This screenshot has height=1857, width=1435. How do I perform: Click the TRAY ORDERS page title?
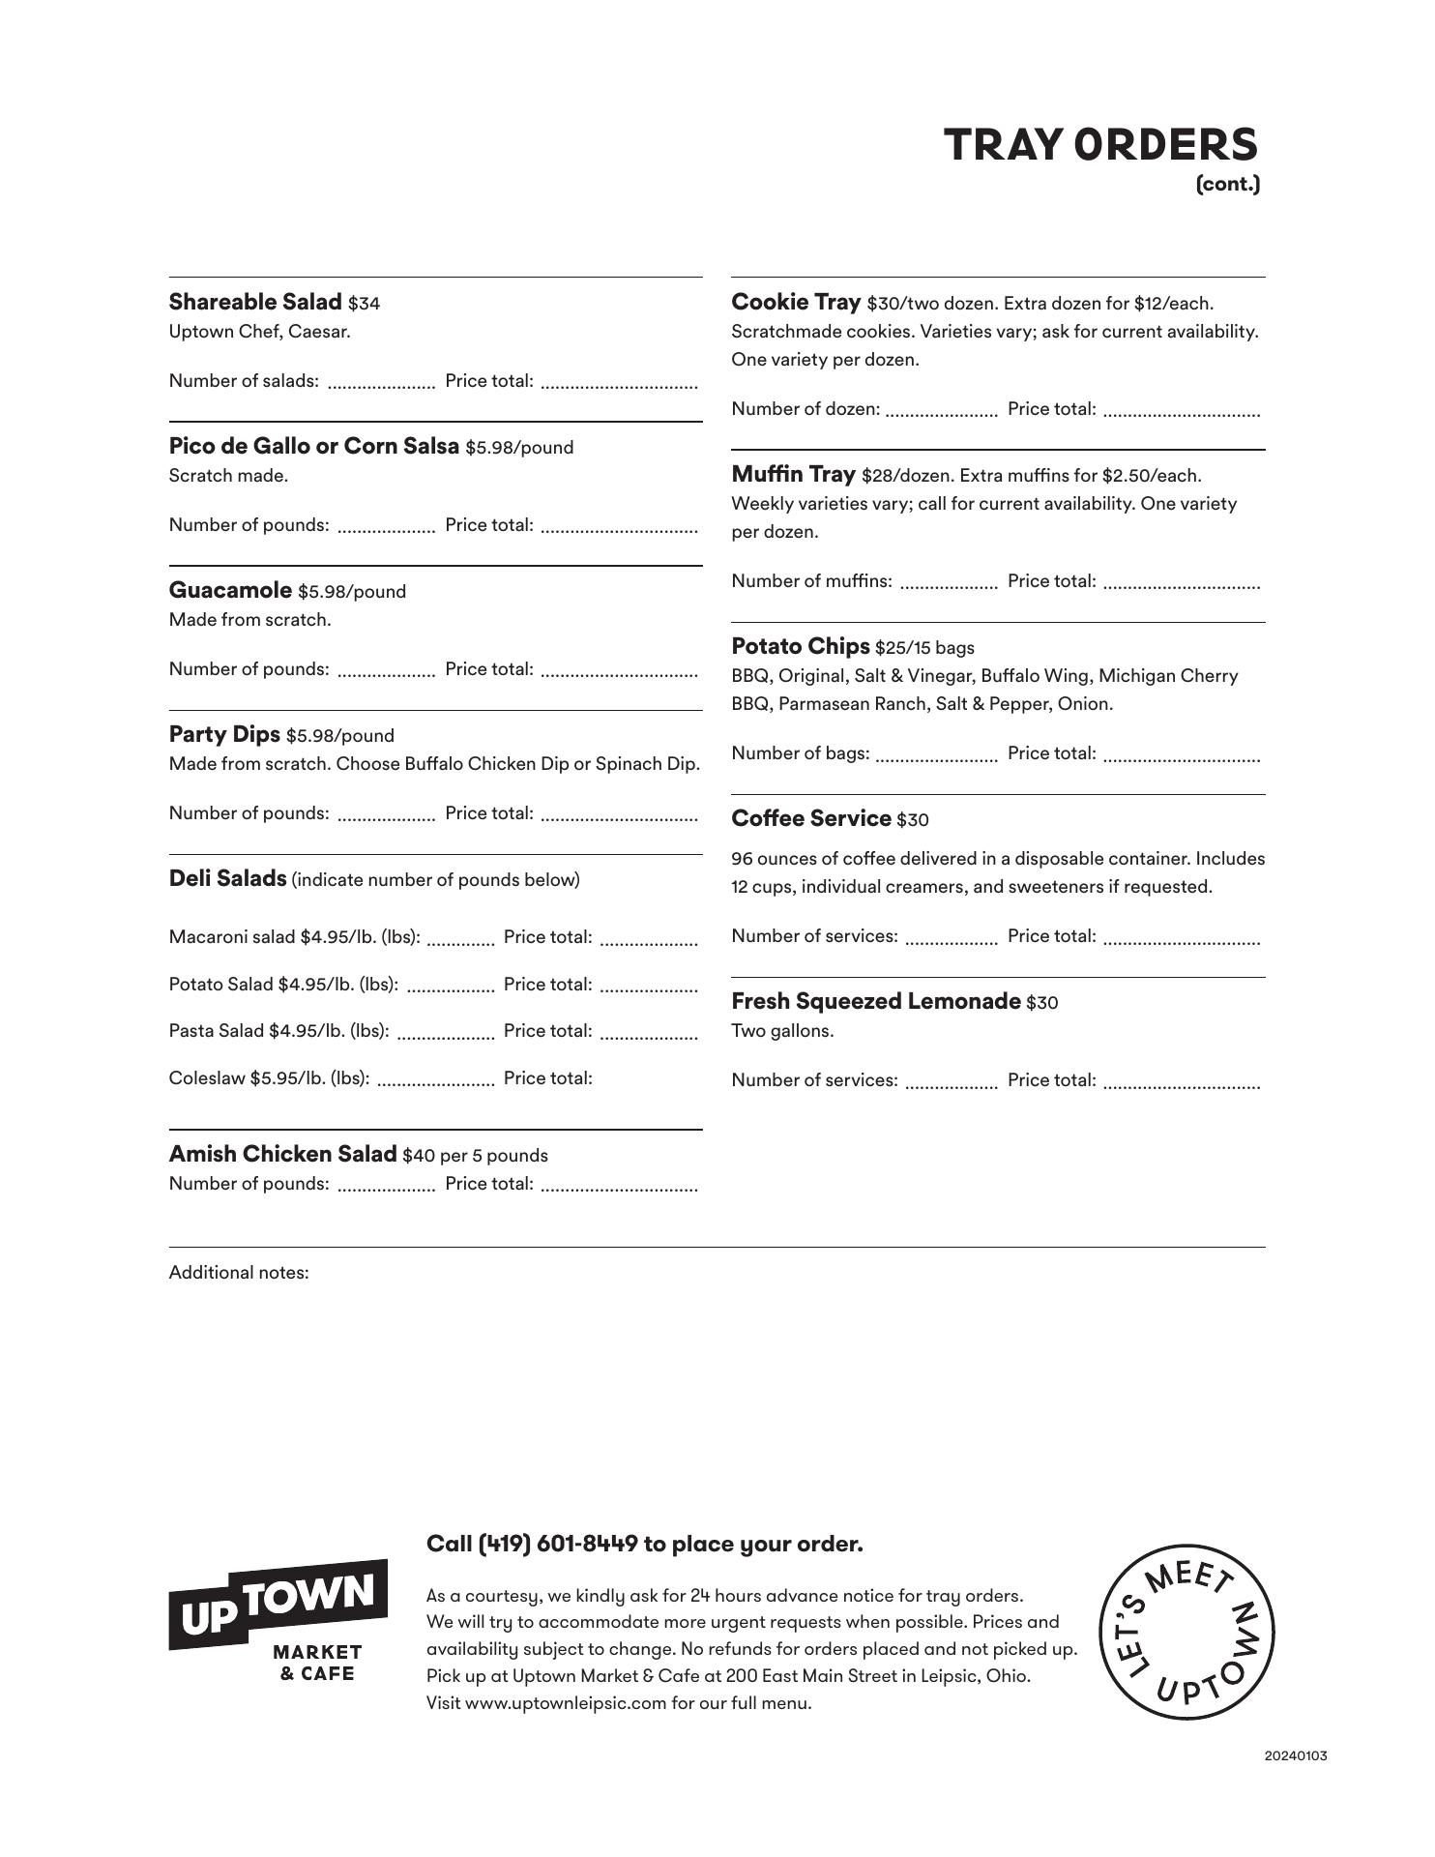pyautogui.click(x=1100, y=145)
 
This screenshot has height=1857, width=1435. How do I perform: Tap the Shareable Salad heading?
pyautogui.click(x=255, y=302)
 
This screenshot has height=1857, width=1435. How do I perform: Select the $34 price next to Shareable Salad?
pyautogui.click(x=365, y=304)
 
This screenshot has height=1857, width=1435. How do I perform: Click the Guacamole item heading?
pyautogui.click(x=230, y=590)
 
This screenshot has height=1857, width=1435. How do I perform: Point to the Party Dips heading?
pyautogui.click(x=224, y=734)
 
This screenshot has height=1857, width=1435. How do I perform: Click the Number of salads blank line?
pyautogui.click(x=381, y=385)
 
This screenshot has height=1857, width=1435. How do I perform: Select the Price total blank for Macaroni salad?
pyautogui.click(x=648, y=940)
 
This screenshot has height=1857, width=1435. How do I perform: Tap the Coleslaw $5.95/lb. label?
pyautogui.click(x=269, y=1078)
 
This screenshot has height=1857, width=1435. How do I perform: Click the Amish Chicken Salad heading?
pyautogui.click(x=282, y=1154)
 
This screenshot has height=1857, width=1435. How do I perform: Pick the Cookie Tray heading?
pyautogui.click(x=796, y=302)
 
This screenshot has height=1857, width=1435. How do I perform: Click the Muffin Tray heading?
pyautogui.click(x=793, y=474)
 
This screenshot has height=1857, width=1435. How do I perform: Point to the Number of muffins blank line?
pyautogui.click(x=948, y=585)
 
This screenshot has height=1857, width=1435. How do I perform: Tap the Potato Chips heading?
pyautogui.click(x=801, y=646)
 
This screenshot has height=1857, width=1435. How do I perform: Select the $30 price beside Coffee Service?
pyautogui.click(x=912, y=820)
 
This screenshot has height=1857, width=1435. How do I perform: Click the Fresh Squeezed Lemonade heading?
pyautogui.click(x=875, y=1001)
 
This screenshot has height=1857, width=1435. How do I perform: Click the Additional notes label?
pyautogui.click(x=239, y=1272)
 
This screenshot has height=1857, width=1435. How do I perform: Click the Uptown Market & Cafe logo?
pyautogui.click(x=278, y=1623)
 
